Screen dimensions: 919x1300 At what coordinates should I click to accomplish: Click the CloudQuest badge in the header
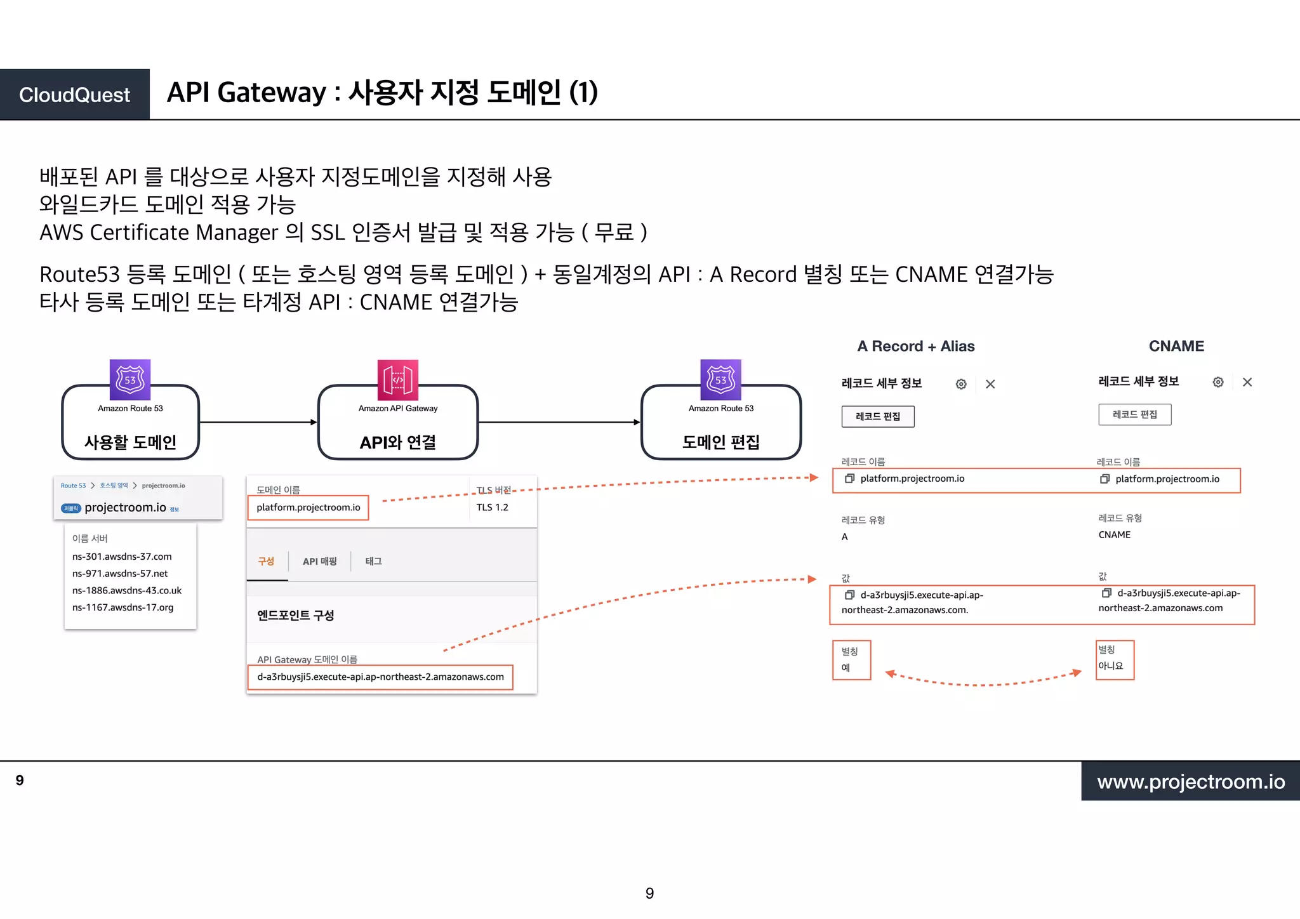pos(75,95)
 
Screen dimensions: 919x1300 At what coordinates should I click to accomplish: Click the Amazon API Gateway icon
pos(398,380)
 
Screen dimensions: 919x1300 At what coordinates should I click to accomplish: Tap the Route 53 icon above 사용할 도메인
pos(130,380)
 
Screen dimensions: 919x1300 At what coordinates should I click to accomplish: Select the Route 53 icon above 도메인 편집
pos(720,380)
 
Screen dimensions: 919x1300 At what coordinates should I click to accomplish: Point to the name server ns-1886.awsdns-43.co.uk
pos(127,590)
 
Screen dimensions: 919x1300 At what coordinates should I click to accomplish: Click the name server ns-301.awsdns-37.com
pos(122,557)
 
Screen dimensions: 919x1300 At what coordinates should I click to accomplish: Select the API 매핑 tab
pos(319,561)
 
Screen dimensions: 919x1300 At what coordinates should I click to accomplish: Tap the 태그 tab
pos(373,561)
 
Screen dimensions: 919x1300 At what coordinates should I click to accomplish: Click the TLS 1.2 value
pos(493,507)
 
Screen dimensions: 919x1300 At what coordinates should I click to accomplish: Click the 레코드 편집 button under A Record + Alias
pos(878,416)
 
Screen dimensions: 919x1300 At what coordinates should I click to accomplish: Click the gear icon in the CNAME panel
pos(1217,382)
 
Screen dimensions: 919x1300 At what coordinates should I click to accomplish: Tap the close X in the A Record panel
pos(990,384)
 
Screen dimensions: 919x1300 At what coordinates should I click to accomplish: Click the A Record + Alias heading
pos(915,346)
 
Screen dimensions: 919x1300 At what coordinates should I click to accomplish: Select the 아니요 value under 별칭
pos(1111,666)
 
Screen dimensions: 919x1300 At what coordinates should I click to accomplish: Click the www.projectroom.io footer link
pos(1191,781)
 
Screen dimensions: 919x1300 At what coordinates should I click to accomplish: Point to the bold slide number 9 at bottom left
pos(20,780)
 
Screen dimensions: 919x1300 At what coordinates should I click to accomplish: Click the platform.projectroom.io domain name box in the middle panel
pos(308,508)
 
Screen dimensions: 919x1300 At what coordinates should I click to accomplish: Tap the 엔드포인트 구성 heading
pos(296,615)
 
